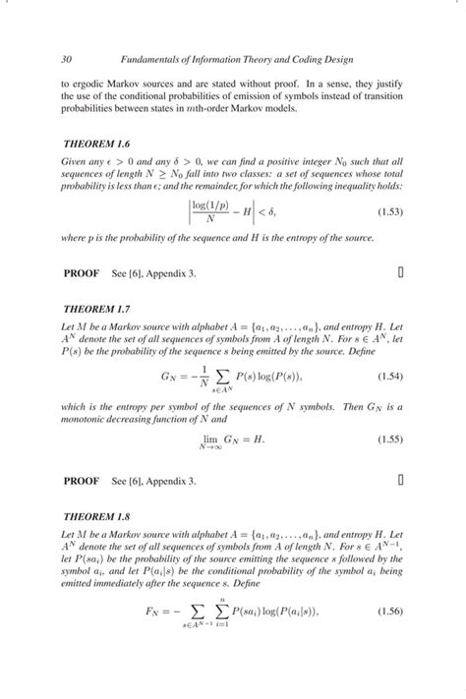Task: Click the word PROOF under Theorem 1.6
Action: click(x=81, y=274)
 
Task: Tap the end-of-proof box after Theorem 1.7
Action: click(x=401, y=481)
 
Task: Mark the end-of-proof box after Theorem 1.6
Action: click(x=401, y=274)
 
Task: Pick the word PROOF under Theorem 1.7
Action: click(x=81, y=481)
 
